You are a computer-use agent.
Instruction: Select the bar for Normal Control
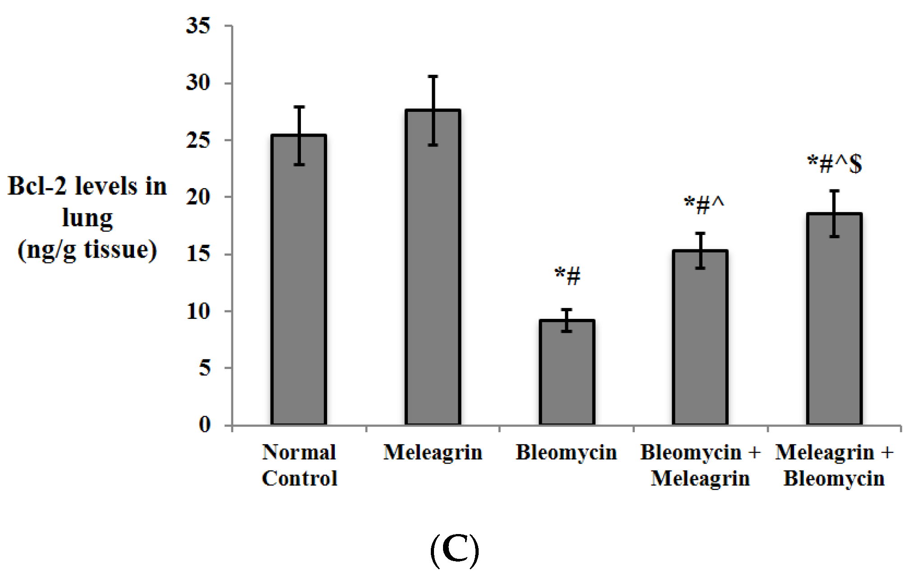tap(299, 280)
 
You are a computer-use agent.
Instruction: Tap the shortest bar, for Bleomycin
tap(567, 372)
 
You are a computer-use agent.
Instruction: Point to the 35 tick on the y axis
tap(198, 26)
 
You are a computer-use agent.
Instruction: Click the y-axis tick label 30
tap(198, 83)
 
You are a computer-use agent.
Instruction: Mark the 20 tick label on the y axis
tap(198, 197)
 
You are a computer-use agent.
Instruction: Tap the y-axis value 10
tap(198, 311)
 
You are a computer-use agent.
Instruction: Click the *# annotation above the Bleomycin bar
tap(567, 276)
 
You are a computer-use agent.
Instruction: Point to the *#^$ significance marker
tap(834, 164)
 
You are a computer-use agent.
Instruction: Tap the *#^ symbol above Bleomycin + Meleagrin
tap(704, 205)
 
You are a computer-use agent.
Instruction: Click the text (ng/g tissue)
tap(87, 249)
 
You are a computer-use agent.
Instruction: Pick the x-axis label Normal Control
tap(299, 465)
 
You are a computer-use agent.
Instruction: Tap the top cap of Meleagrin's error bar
tap(433, 76)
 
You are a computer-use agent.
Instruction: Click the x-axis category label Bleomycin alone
tap(566, 452)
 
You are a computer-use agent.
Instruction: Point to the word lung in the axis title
tap(87, 218)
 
